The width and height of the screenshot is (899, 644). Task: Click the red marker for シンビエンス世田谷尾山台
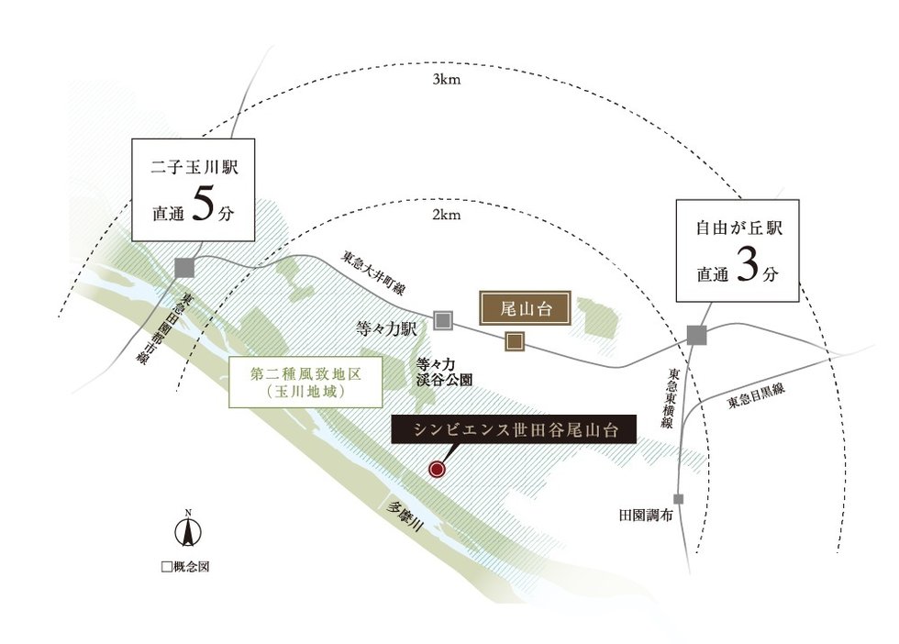coord(437,470)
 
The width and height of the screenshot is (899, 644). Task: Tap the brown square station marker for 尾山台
coord(515,341)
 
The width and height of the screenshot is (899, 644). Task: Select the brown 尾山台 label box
coord(526,309)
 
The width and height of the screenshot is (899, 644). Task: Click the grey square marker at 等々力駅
coord(443,320)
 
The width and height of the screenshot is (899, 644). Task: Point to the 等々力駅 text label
coord(386,328)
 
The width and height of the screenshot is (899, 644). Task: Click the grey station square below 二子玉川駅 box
coord(184,268)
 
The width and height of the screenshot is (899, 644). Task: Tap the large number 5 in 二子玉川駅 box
coord(203,205)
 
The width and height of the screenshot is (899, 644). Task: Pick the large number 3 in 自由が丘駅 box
coord(748,265)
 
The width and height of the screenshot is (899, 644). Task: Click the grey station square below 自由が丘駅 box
coord(697,336)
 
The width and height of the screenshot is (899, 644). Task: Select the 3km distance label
coord(446,80)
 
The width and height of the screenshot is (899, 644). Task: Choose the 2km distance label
coord(446,215)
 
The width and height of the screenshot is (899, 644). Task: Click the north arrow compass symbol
coord(187,530)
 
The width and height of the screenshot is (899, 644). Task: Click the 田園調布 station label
coord(646,515)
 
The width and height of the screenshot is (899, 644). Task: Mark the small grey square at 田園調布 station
coord(679,499)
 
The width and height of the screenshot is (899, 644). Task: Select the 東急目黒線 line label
coord(756,396)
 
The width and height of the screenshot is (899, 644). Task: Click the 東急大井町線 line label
coord(373,272)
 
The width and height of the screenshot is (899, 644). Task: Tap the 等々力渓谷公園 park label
coord(444,372)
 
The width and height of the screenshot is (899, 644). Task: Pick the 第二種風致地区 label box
coord(305,383)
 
